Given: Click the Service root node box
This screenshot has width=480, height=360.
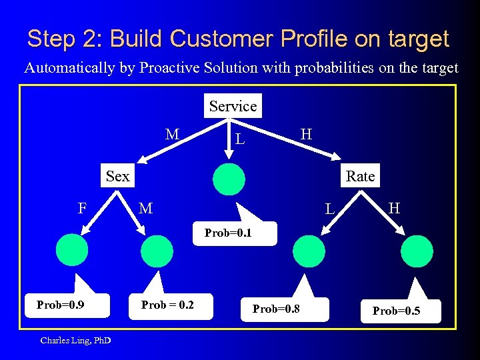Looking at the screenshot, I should pos(233,106).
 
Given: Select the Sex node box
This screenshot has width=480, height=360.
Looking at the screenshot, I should pos(117,176).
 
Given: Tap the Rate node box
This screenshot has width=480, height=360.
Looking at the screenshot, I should pos(360,176).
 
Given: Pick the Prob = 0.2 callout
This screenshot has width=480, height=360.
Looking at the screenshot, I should pos(167,305).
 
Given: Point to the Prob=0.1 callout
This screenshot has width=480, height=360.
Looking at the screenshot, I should pos(228,233).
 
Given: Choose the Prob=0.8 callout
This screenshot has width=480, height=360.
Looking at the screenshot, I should pos(281,309).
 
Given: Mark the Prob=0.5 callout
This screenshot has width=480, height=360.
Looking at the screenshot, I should pos(396,311).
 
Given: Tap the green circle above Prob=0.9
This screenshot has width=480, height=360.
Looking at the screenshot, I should pos(72,250).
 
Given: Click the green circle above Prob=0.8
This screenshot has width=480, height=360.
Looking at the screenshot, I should pos(309,251).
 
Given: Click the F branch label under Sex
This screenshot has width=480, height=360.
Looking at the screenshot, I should pos(82,208).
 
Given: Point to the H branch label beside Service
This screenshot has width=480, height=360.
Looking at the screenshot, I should pos(306,134).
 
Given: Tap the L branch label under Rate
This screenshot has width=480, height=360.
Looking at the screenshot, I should pos(329,209).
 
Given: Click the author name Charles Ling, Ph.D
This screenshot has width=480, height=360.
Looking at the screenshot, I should pos(75,341).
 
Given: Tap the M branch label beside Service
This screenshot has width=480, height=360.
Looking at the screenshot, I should pos(172,135).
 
